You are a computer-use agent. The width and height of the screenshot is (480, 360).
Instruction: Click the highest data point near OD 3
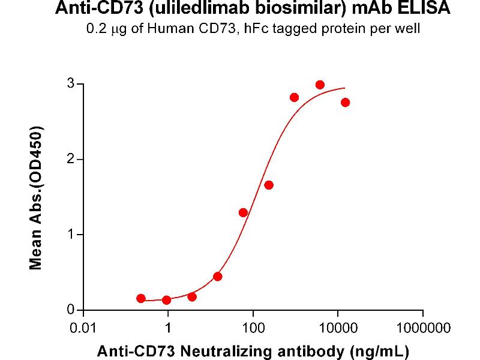coord(320,85)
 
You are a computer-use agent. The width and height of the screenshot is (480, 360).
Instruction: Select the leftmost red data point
coord(141,298)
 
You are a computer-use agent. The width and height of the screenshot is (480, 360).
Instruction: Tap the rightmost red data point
coord(345,103)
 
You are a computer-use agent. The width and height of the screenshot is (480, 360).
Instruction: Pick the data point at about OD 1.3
coord(243,212)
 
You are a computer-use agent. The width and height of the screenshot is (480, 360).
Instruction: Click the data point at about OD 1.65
coord(269,185)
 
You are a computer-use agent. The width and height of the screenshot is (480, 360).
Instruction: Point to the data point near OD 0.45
coord(218,277)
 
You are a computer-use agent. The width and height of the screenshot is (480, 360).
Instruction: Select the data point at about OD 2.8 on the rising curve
coord(294,97)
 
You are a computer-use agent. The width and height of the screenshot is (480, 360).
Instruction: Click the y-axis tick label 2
coord(71,159)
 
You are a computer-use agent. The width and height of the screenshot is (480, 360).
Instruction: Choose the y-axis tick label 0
coord(71,310)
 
